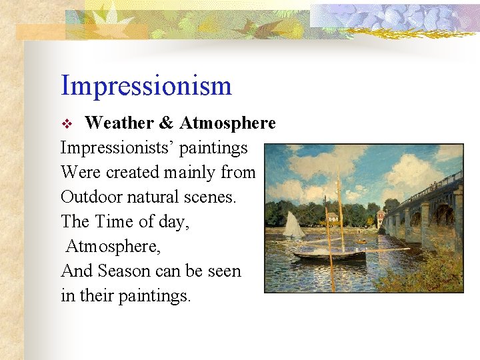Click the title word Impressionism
click(x=146, y=86)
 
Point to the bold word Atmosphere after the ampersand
click(x=227, y=123)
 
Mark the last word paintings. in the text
click(x=155, y=296)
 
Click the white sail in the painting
click(x=293, y=225)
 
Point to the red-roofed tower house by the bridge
click(x=380, y=217)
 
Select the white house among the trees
click(x=331, y=217)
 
